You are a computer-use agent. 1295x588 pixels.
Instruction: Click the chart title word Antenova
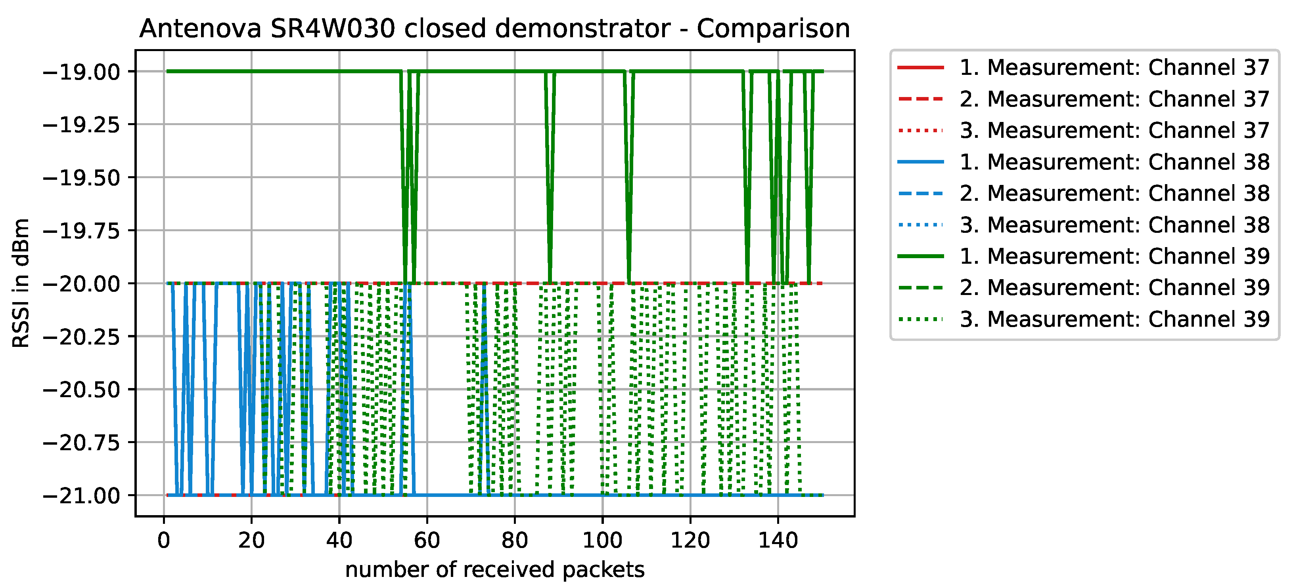[200, 29]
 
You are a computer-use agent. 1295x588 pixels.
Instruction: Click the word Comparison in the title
[773, 29]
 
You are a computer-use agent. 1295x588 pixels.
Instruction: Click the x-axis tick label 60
[427, 541]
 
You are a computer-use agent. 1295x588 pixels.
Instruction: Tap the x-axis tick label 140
[778, 541]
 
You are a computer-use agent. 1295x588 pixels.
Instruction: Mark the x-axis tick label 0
[164, 541]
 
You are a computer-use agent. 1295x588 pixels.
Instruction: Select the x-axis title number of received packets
[495, 570]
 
